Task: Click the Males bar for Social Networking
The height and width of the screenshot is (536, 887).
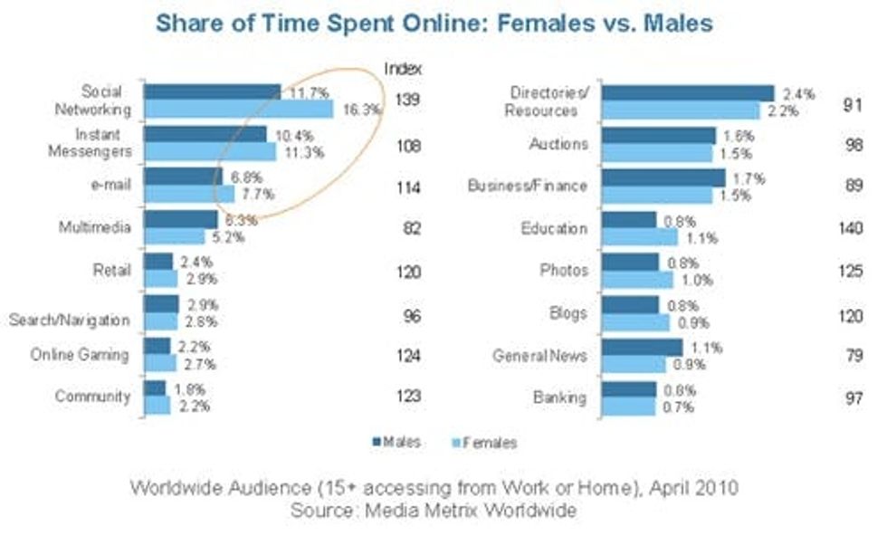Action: [212, 91]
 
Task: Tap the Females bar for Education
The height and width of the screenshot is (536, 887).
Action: [639, 238]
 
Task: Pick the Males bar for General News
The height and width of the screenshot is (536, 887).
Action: [642, 347]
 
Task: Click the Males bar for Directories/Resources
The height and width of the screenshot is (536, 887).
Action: [688, 93]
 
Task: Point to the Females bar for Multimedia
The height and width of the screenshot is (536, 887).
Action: [174, 237]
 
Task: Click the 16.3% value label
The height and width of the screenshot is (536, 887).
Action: [362, 109]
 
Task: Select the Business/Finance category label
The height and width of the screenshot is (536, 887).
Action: [528, 187]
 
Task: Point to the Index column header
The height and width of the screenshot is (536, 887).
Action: [403, 69]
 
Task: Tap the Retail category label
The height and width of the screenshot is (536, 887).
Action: [113, 270]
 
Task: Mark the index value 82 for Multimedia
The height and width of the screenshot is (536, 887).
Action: [410, 229]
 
